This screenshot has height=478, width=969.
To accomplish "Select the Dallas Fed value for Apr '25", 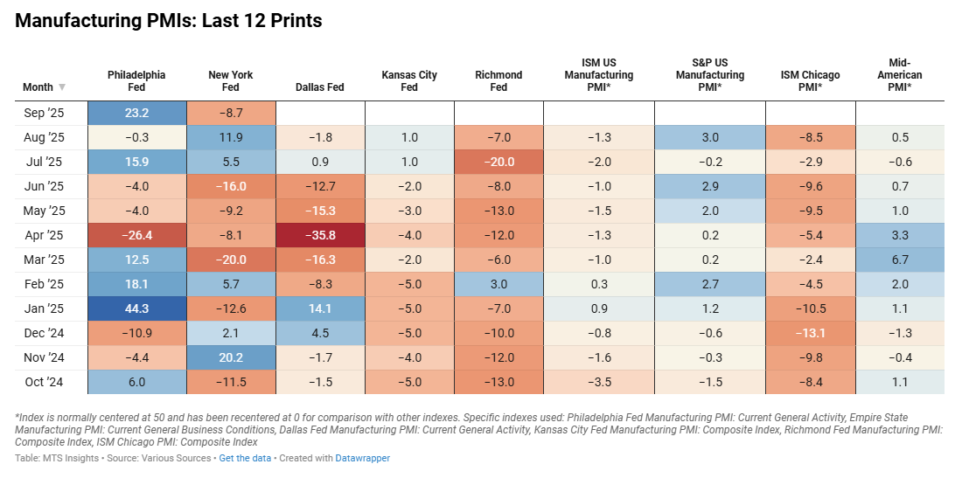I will pyautogui.click(x=320, y=235).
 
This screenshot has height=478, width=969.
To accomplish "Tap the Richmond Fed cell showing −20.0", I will pyautogui.click(x=498, y=162).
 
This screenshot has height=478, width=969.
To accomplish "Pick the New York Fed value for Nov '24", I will pyautogui.click(x=231, y=357).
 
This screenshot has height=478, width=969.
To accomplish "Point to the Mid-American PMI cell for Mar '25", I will pyautogui.click(x=900, y=260).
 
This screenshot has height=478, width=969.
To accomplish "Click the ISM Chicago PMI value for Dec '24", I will pyautogui.click(x=810, y=333).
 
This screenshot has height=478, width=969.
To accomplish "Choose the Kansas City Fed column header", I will pyautogui.click(x=409, y=81).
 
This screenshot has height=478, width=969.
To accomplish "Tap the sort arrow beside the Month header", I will pyautogui.click(x=62, y=87).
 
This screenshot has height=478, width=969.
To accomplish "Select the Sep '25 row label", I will pyautogui.click(x=44, y=113).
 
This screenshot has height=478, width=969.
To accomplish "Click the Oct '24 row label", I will pyautogui.click(x=44, y=382).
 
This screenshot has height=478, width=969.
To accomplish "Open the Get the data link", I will pyautogui.click(x=246, y=458).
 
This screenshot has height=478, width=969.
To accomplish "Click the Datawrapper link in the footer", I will pyautogui.click(x=364, y=458).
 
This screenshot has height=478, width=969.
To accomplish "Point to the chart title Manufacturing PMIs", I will pyautogui.click(x=169, y=21).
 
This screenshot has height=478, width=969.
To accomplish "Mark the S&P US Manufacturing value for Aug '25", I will pyautogui.click(x=710, y=137).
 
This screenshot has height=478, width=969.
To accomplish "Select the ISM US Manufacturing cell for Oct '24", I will pyautogui.click(x=598, y=382).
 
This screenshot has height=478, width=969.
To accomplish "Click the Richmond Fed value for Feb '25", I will pyautogui.click(x=498, y=284).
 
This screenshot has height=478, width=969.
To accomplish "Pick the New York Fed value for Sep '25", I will pyautogui.click(x=231, y=113).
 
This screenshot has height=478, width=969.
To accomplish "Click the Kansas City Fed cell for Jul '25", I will pyautogui.click(x=409, y=162).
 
